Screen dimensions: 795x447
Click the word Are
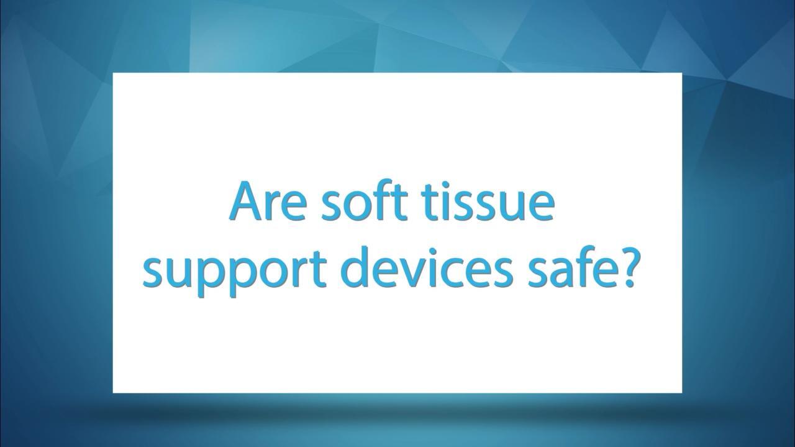point(267,201)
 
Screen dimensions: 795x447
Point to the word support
point(234,270)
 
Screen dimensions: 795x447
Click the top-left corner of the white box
point(113,73)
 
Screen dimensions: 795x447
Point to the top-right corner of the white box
point(682,73)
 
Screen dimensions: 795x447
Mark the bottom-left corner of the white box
point(113,393)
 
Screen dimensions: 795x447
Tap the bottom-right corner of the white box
point(682,393)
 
